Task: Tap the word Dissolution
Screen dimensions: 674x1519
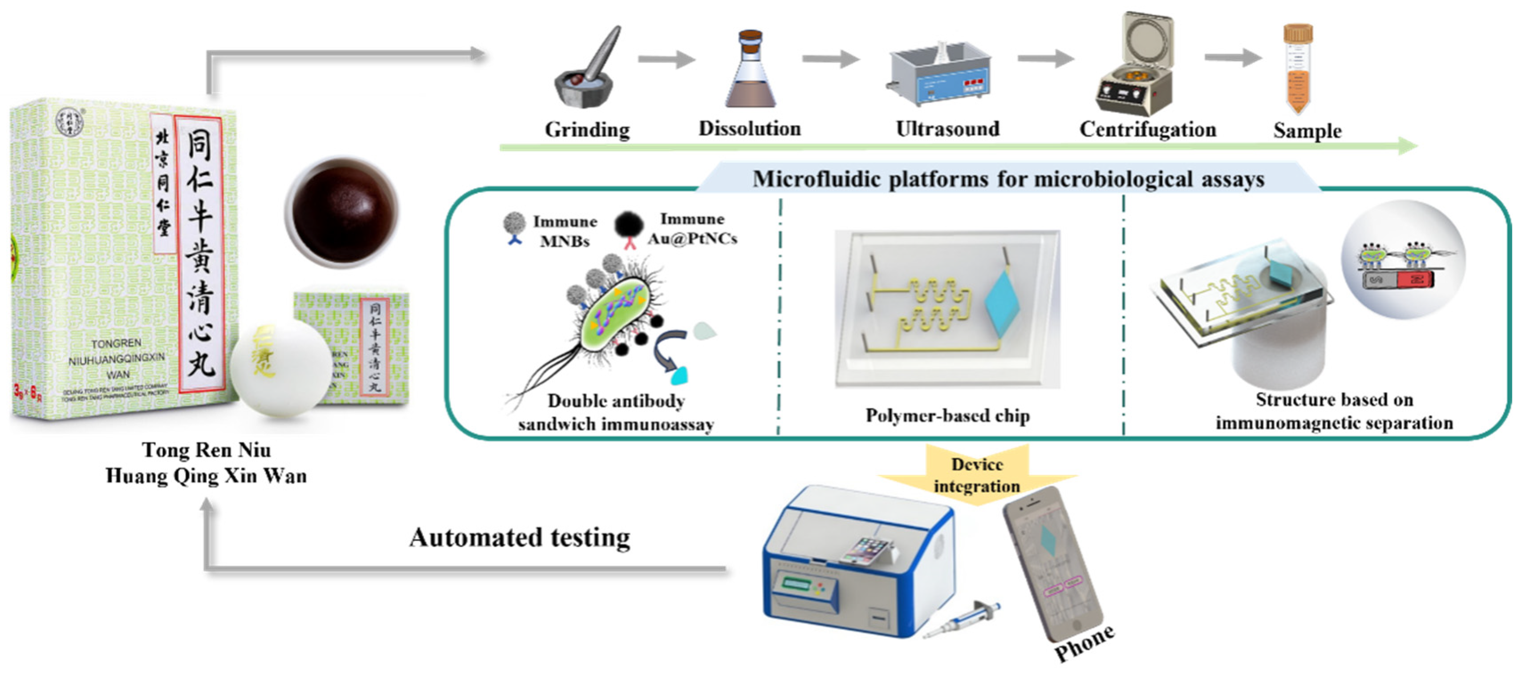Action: tap(749, 129)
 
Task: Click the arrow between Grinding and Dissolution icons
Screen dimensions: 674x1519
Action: tap(666, 59)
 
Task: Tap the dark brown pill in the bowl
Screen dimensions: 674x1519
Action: tap(342, 212)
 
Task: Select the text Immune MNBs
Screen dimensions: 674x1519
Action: tap(565, 231)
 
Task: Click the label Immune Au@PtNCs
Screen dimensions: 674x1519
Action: tap(692, 229)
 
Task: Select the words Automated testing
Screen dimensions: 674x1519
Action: tap(520, 537)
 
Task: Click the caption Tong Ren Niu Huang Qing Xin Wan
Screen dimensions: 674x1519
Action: tap(207, 463)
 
